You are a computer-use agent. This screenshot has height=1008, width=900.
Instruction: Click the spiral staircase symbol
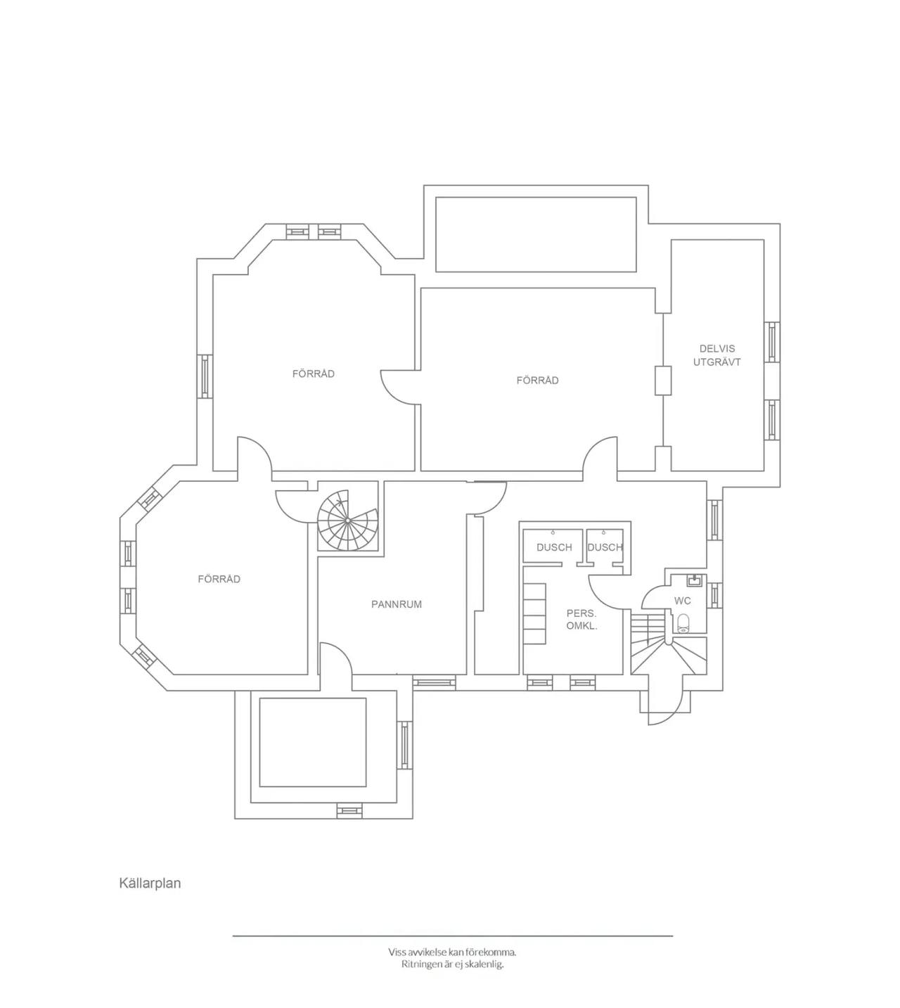tap(348, 519)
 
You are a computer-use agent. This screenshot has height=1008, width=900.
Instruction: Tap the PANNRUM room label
tap(397, 604)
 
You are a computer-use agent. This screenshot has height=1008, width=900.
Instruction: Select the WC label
tap(682, 601)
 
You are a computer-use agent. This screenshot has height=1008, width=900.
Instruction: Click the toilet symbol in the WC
tap(683, 623)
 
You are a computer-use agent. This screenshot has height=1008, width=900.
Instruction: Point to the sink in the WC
tap(694, 580)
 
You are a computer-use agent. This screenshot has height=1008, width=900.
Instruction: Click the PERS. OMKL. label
tap(581, 620)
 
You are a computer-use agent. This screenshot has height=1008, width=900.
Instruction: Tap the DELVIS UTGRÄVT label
tap(717, 355)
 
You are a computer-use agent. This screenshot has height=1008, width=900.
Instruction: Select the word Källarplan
tap(150, 883)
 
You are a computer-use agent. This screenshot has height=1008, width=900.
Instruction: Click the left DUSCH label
tap(554, 547)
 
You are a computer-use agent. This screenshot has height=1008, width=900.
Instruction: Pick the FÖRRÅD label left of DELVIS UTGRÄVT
tap(537, 380)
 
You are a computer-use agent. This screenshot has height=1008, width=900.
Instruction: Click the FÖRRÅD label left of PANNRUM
tap(219, 579)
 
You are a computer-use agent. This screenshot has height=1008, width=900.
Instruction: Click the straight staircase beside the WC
tap(668, 644)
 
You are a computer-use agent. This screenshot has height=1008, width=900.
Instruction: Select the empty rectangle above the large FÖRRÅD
tap(536, 234)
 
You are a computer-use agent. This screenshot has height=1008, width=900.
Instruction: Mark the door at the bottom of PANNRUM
tap(336, 658)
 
